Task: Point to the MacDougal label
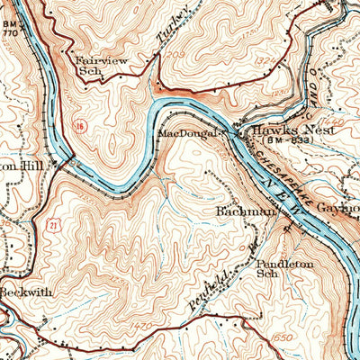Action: pos(186,134)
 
